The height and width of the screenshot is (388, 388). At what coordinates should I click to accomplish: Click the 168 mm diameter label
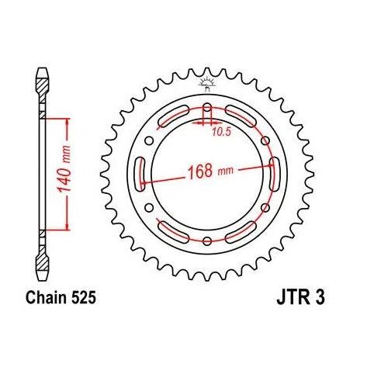point(208,171)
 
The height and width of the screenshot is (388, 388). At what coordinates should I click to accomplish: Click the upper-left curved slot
point(171,116)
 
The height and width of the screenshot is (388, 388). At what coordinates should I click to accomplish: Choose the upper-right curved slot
point(244,116)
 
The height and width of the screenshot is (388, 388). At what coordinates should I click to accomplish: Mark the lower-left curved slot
point(171,230)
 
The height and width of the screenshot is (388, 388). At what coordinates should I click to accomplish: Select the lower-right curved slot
point(244,230)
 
